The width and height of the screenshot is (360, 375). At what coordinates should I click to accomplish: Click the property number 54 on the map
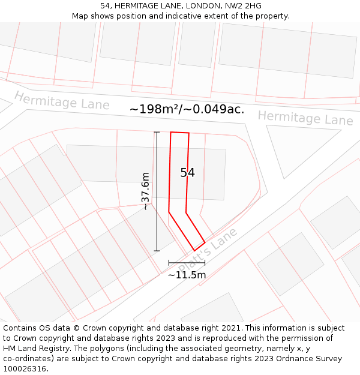point(187,173)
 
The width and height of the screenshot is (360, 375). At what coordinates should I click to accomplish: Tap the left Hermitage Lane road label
point(62,101)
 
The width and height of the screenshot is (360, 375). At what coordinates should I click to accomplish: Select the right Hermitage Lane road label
point(305,118)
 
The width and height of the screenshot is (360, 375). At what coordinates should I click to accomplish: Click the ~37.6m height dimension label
point(145,191)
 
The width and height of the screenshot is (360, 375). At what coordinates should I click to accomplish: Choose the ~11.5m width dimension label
point(187,275)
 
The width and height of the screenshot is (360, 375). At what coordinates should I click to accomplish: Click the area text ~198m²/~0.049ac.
point(187,109)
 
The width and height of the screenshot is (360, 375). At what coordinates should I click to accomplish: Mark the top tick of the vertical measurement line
point(157,132)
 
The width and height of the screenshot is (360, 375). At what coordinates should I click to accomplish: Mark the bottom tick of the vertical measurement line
point(157,250)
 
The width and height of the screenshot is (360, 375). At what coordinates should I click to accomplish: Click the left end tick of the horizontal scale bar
point(169,262)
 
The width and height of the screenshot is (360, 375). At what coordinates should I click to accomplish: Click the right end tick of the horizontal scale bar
point(205,262)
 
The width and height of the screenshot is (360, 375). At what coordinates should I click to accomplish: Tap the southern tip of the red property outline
point(194,250)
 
